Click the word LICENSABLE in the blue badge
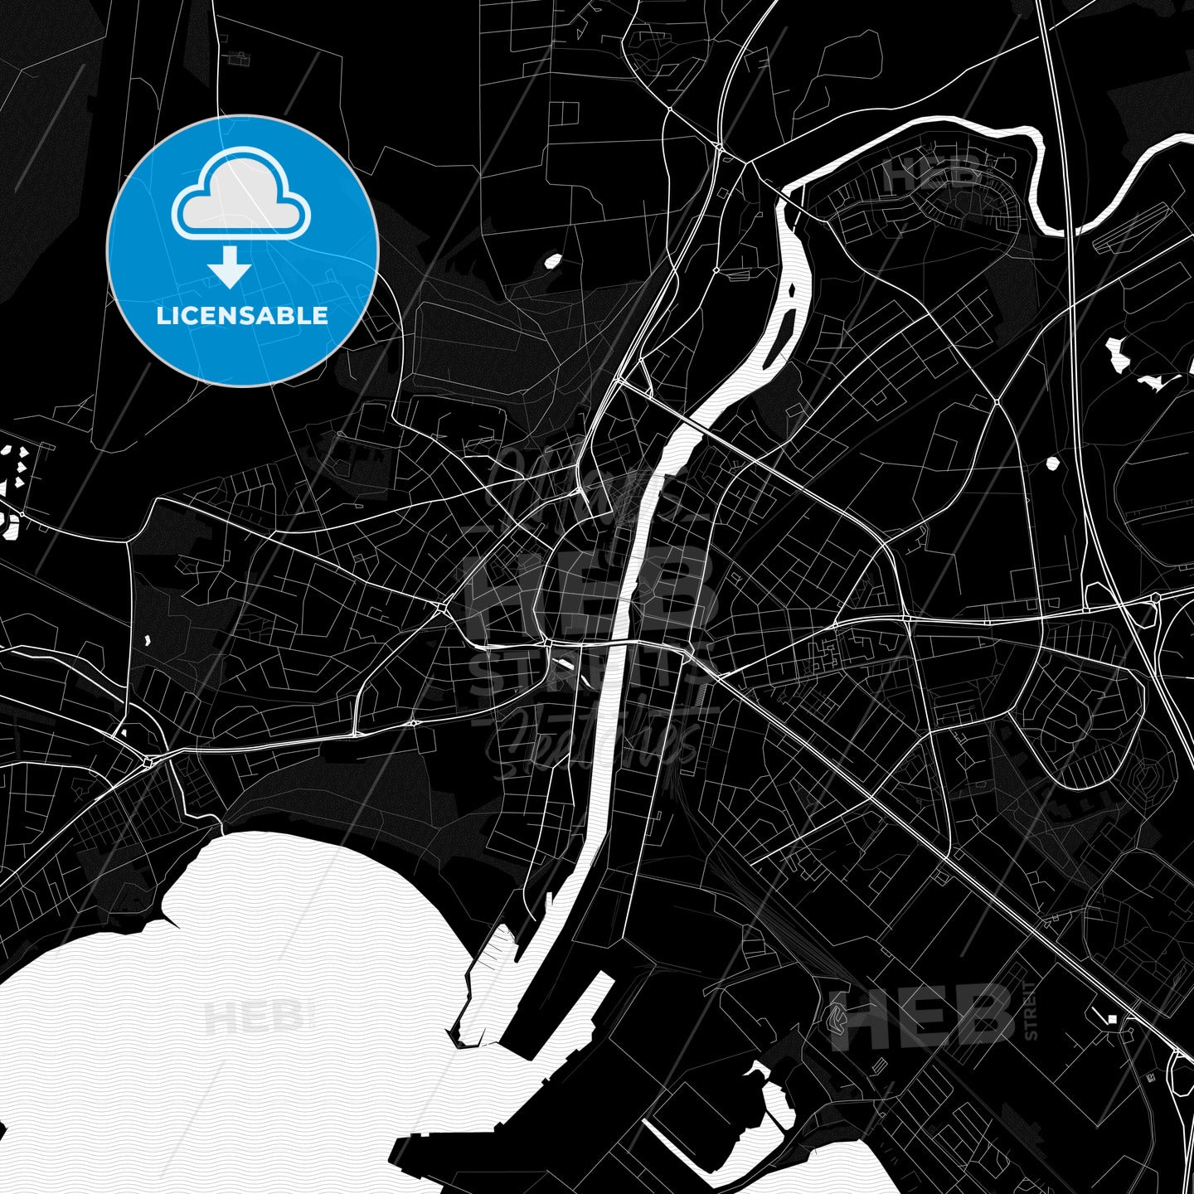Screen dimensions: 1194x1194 click(242, 316)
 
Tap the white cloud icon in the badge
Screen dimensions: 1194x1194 click(240, 199)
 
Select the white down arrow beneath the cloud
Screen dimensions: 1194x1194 click(230, 269)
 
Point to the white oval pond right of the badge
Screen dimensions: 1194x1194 click(551, 262)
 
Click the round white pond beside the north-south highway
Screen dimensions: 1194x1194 click(1053, 462)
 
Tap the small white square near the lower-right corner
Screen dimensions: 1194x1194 click(1113, 1018)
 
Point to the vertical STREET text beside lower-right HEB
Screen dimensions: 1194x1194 click(1031, 1010)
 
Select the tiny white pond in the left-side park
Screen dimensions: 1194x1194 click(147, 640)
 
